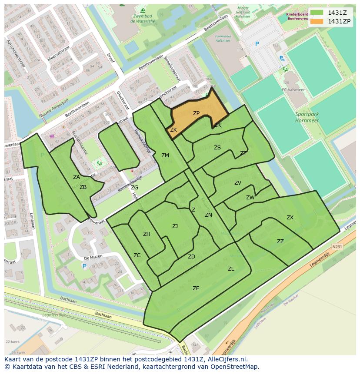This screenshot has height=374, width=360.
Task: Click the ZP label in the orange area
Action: tap(196, 113)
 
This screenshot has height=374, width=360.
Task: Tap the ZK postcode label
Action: tap(173, 130)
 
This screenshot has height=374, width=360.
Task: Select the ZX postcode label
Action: tap(290, 218)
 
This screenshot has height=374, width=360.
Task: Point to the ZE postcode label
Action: tap(196, 288)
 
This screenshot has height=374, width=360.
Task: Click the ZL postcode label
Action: tap(231, 269)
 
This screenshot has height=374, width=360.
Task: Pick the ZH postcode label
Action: tap(147, 234)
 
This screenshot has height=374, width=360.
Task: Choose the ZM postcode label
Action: tap(165, 156)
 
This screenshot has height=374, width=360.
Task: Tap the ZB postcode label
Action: tap(83, 187)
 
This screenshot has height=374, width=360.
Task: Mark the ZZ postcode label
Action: tap(280, 242)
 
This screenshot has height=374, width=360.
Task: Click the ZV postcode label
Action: tap(238, 183)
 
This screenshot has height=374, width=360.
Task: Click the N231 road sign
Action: tap(337, 247)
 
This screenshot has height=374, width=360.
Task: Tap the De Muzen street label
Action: tap(92, 257)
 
